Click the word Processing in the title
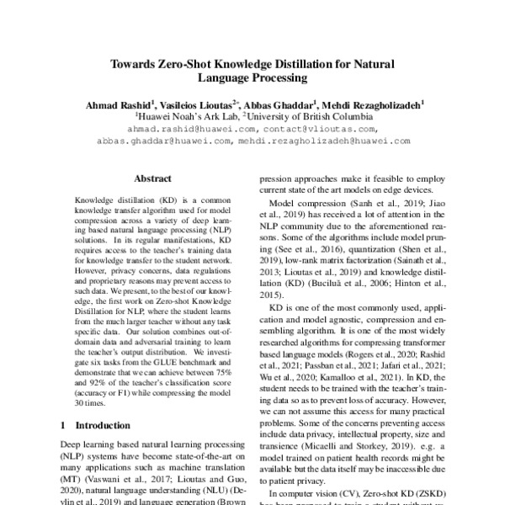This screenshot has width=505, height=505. pos(274,79)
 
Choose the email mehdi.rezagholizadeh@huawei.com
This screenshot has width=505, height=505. pos(329,141)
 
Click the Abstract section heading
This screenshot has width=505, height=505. pos(153,178)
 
